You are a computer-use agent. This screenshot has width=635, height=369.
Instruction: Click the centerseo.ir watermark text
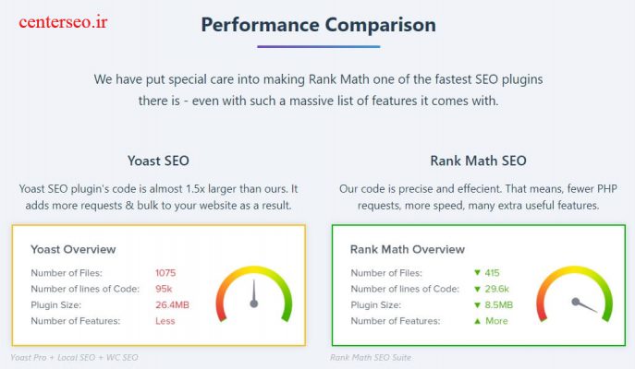pyautogui.click(x=63, y=21)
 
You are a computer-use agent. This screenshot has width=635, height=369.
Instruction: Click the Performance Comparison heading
pyautogui.click(x=318, y=24)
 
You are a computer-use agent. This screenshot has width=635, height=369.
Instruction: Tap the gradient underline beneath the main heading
pyautogui.click(x=318, y=46)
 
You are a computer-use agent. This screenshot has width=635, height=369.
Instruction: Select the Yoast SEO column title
pyautogui.click(x=158, y=161)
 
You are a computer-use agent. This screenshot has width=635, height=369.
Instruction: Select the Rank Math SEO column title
pyautogui.click(x=478, y=161)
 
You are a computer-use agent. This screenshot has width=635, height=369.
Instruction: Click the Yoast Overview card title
pyautogui.click(x=73, y=249)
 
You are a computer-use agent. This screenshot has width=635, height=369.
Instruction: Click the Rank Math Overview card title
pyautogui.click(x=408, y=249)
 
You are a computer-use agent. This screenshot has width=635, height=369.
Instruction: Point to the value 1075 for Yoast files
pyautogui.click(x=165, y=273)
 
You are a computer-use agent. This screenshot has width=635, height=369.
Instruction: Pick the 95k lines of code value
pyautogui.click(x=164, y=289)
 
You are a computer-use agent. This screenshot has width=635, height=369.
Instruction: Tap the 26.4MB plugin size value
pyautogui.click(x=172, y=304)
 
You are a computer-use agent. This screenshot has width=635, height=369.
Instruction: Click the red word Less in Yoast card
pyautogui.click(x=165, y=321)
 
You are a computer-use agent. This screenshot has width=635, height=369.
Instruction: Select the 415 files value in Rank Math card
pyautogui.click(x=492, y=273)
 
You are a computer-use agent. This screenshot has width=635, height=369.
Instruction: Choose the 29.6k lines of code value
pyautogui.click(x=495, y=289)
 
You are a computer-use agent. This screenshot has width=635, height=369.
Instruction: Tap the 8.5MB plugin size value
pyautogui.click(x=497, y=304)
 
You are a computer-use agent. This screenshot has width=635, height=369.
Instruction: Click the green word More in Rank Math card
pyautogui.click(x=495, y=321)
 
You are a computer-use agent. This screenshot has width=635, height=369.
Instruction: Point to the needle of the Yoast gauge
pyautogui.click(x=252, y=293)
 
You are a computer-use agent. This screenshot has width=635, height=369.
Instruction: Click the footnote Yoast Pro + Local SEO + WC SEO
pyautogui.click(x=73, y=358)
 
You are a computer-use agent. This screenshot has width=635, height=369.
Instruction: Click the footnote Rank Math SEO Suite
pyautogui.click(x=370, y=358)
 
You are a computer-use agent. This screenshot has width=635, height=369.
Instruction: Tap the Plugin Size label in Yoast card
pyautogui.click(x=60, y=304)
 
